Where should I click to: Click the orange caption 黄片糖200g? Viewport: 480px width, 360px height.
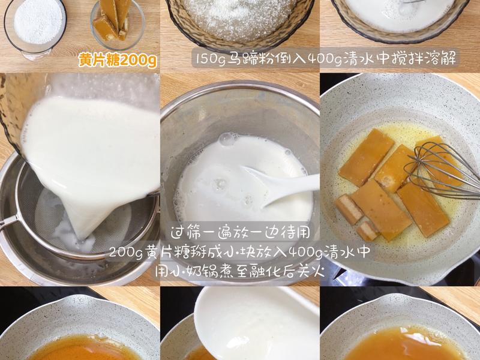(x=117, y=61)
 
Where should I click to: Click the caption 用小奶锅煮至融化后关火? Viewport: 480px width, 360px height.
(x=240, y=271)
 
